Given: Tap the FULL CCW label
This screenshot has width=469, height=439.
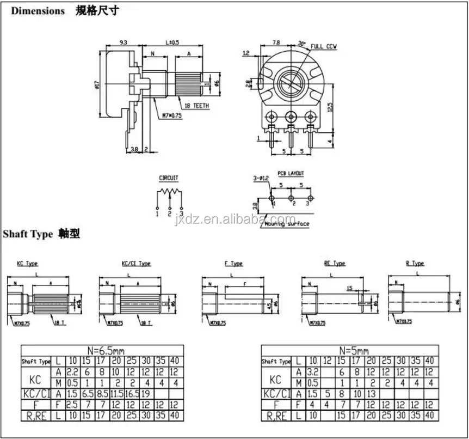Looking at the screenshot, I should pyautogui.click(x=324, y=47).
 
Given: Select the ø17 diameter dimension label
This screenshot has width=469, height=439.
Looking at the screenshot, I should pyautogui.click(x=96, y=84).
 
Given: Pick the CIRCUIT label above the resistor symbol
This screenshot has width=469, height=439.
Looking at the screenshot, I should pyautogui.click(x=169, y=178).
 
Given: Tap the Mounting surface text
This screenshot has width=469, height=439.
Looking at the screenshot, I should pyautogui.click(x=288, y=224).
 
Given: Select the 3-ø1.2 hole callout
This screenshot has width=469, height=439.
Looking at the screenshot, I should pyautogui.click(x=262, y=178).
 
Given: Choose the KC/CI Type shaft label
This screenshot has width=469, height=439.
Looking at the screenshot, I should pyautogui.click(x=136, y=264).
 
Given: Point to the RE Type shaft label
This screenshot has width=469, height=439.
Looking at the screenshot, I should pyautogui.click(x=335, y=263).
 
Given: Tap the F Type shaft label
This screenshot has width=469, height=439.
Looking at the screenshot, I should pyautogui.click(x=233, y=264).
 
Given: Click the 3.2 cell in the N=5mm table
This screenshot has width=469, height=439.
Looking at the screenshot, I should pyautogui.click(x=312, y=372).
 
